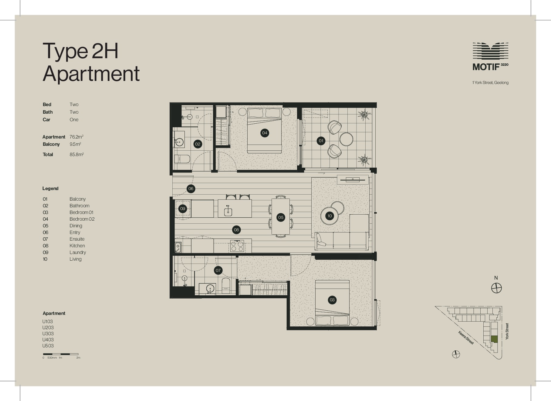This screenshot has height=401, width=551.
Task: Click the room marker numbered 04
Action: point(265,133)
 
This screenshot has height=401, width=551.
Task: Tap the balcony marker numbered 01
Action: point(321,141)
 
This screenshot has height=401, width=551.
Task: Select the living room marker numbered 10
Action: point(330,216)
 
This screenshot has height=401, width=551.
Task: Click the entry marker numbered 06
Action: point(191,189)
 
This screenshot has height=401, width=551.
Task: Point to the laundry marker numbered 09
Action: point(183,209)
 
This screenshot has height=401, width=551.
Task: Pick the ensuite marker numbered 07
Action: point(218,270)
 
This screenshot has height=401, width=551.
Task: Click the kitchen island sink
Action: point(228,212)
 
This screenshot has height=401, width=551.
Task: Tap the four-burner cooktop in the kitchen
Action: point(237,246)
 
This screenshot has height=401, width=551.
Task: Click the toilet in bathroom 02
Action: point(182,159)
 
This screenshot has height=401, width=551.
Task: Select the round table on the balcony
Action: point(346,139)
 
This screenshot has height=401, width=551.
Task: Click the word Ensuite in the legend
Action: point(77,239)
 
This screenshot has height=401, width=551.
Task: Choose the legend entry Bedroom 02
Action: point(82,219)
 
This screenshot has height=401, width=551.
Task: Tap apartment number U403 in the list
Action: point(48,340)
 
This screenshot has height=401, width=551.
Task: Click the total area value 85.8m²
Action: point(76,154)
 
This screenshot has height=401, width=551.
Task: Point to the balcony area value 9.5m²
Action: point(75,144)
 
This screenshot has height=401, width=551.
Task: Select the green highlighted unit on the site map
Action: point(495,339)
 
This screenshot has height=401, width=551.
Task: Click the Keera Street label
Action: point(466,338)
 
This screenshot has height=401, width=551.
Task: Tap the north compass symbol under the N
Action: point(496,288)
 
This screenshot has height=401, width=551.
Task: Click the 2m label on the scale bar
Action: point(78,358)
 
